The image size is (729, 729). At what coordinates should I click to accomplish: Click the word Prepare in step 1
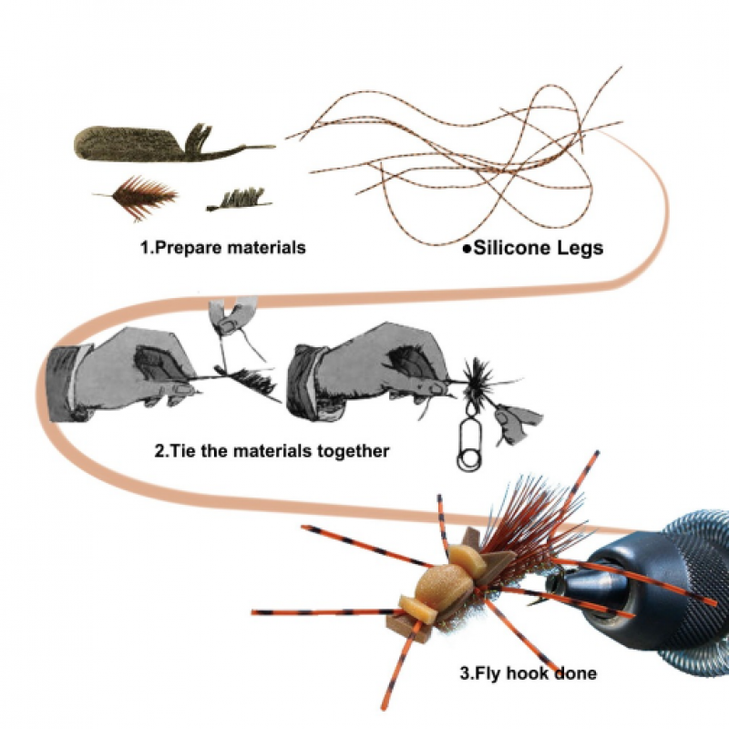tap(187, 248)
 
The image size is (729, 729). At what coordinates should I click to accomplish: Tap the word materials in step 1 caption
tap(266, 247)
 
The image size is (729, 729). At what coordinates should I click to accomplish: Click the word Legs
tap(573, 249)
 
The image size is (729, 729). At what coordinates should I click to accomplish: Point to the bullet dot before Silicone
tap(467, 250)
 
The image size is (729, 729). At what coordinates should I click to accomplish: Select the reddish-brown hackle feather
tap(138, 197)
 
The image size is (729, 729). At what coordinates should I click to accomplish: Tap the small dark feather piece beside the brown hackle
tap(240, 200)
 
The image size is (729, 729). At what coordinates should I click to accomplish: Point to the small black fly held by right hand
tap(477, 379)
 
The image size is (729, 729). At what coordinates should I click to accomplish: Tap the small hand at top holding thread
tap(231, 317)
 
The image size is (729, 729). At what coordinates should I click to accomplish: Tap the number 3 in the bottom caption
tap(465, 673)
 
